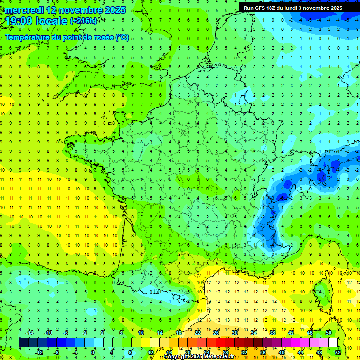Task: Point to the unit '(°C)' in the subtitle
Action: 122,37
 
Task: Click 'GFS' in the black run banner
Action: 262,8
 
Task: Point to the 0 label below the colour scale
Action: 93,352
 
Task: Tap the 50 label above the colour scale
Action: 329,333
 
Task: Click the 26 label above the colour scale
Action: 216,333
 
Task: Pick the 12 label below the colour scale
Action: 150,352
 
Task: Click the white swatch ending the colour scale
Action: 333,343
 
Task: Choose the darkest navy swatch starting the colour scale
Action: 23,343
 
